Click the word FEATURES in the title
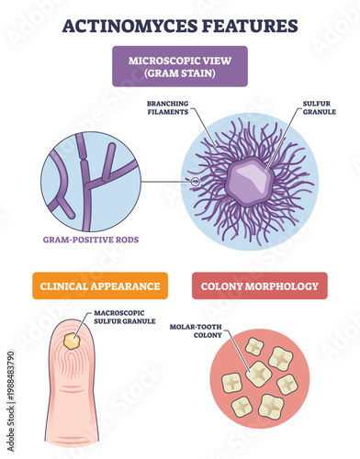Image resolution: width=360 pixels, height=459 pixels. (251, 25)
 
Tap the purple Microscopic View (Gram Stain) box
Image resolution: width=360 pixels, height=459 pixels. (180, 66)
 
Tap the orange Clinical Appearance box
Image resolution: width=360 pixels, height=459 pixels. (100, 285)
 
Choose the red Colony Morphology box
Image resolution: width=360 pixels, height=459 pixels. (259, 285)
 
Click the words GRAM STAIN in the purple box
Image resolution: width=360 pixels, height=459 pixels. (180, 73)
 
